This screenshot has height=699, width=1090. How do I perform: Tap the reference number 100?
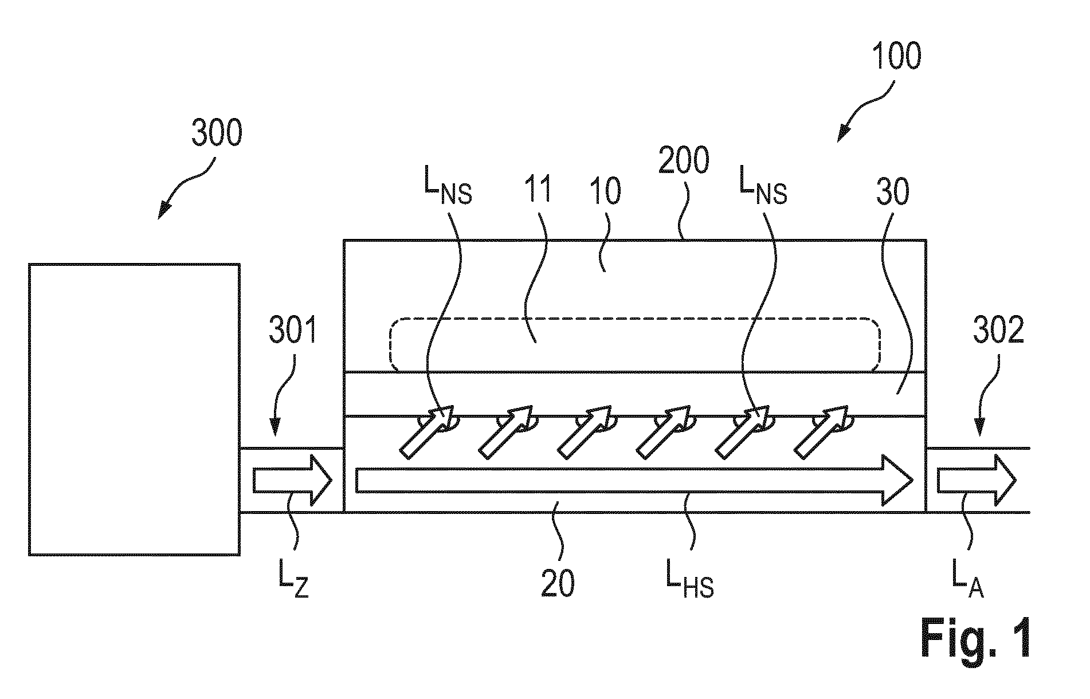(896, 57)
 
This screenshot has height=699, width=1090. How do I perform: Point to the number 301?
(293, 332)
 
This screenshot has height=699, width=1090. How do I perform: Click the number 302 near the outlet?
(998, 332)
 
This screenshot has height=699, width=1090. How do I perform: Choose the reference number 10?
(605, 191)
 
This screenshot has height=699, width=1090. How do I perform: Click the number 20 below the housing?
(558, 584)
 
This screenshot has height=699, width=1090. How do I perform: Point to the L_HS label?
(689, 584)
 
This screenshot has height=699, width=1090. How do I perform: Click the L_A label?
(968, 584)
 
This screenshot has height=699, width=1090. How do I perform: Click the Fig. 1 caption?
(977, 638)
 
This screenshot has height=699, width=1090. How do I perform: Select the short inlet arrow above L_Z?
(293, 480)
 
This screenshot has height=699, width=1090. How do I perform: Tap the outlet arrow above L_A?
(977, 480)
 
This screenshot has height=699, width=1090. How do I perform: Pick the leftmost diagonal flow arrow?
(426, 432)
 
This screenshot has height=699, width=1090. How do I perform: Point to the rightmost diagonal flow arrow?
(821, 432)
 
